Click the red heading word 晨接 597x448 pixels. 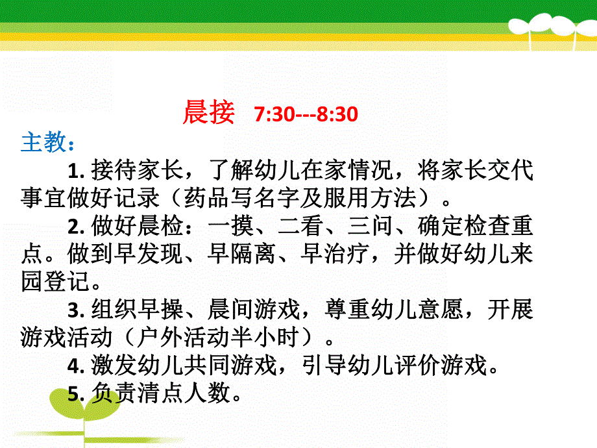tap(208, 114)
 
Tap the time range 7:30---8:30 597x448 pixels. tap(306, 115)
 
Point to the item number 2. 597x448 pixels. tap(73, 226)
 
